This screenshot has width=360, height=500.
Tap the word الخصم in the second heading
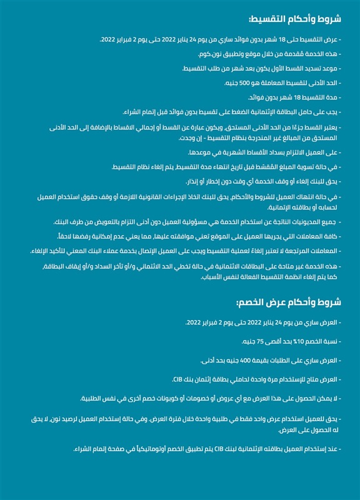(253, 302)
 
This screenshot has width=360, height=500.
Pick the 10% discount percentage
(292, 342)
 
